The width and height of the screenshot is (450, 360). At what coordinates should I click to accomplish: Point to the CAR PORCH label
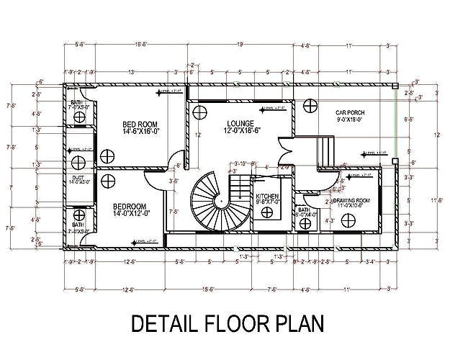(x=351, y=112)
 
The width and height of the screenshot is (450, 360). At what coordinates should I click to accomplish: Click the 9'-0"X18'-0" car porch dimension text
(x=351, y=120)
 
